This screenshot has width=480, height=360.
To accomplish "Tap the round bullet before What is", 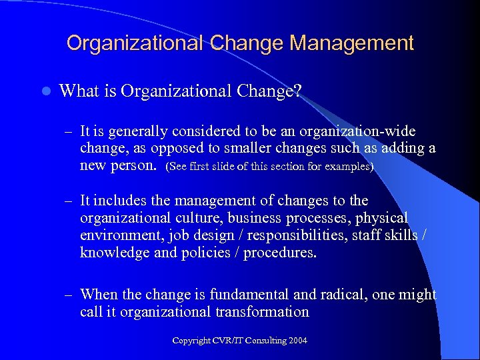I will tap(44, 91).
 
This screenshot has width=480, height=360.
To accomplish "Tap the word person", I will tap(134, 165).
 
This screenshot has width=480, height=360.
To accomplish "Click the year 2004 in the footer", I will tap(297, 341).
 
